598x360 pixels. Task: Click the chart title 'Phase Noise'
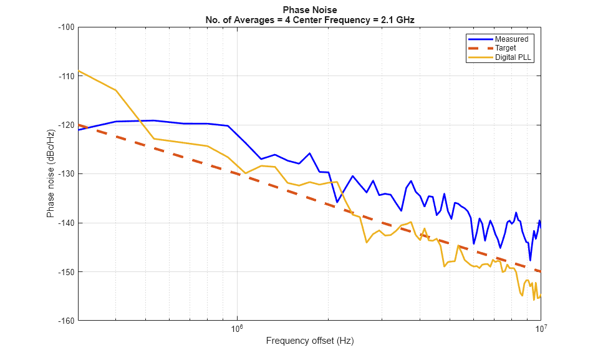[310, 10]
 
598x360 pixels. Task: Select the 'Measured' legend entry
[511, 39]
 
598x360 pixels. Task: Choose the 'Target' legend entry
[506, 48]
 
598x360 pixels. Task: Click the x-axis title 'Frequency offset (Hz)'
[310, 341]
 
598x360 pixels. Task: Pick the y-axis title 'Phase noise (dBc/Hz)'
[51, 174]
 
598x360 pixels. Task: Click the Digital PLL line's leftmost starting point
[79, 71]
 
